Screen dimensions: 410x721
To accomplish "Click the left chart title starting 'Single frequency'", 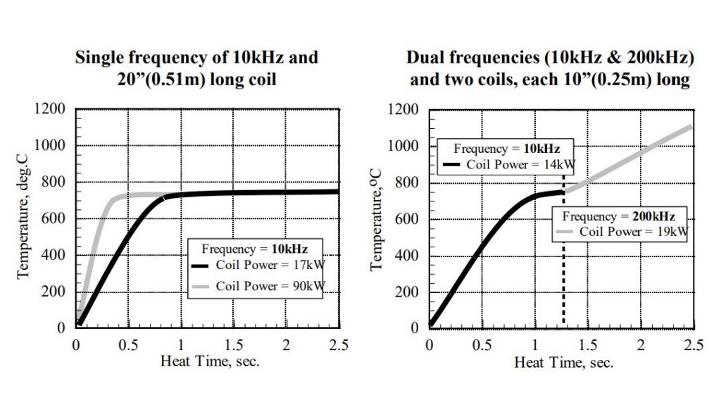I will click(x=196, y=68).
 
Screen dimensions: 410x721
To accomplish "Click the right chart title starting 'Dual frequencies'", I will click(x=550, y=68).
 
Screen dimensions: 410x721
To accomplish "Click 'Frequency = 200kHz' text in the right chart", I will click(x=618, y=216).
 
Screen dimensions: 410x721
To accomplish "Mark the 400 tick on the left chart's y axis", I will click(x=56, y=254).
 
